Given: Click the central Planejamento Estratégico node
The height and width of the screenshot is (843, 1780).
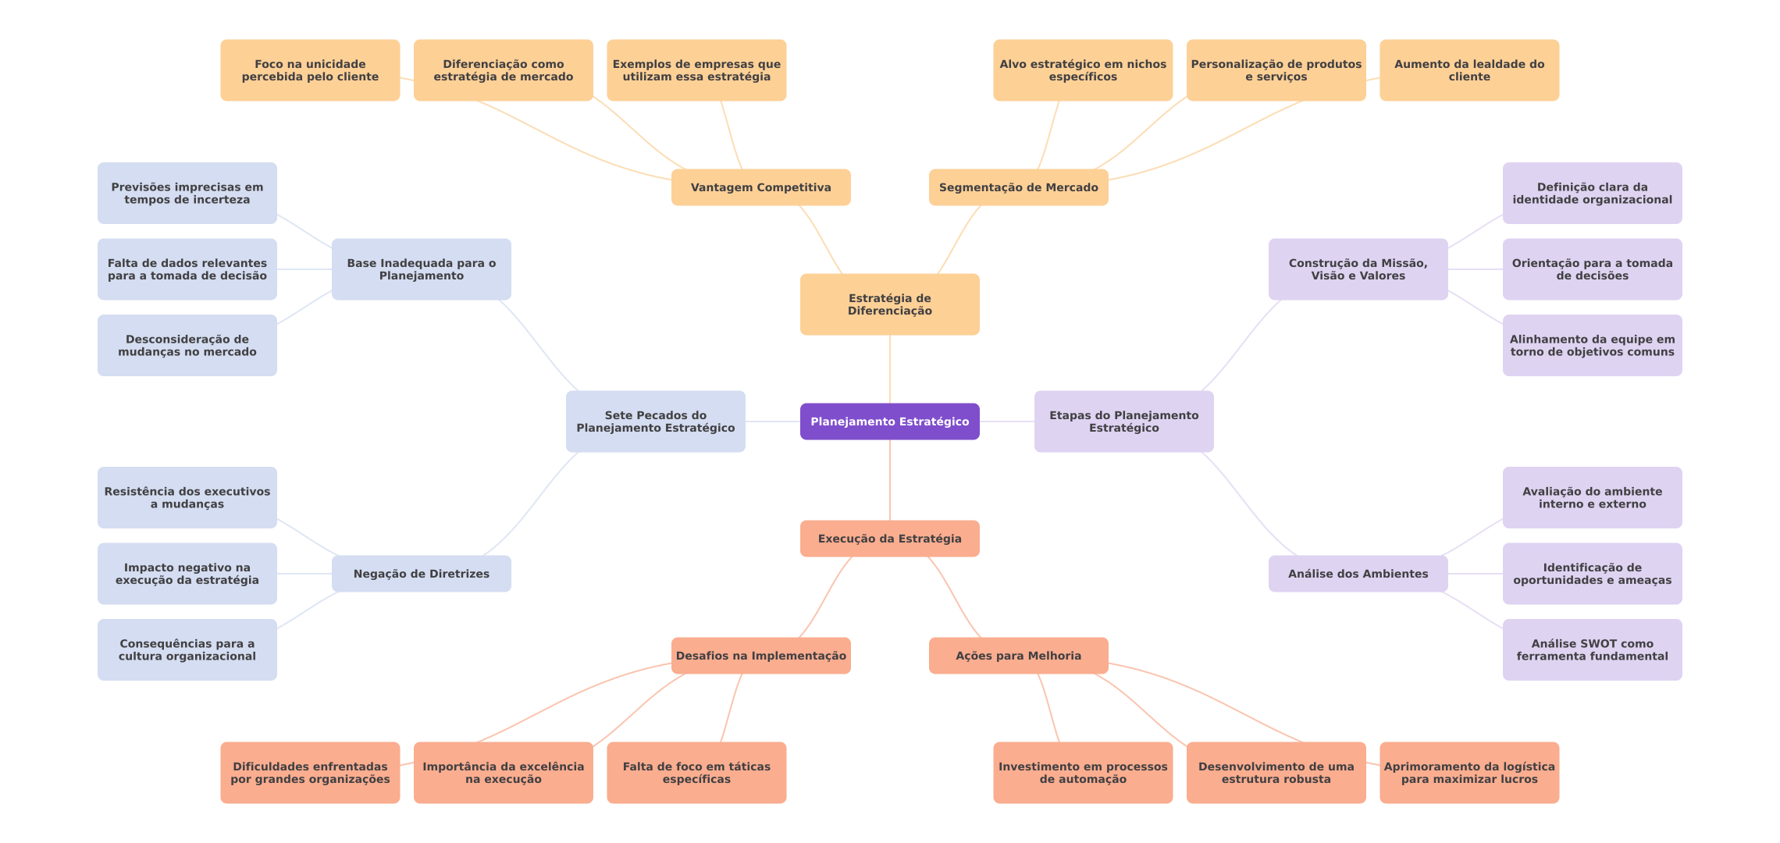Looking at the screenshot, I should coord(889,421).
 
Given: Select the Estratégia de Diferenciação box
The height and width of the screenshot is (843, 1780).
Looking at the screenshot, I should coord(889,304).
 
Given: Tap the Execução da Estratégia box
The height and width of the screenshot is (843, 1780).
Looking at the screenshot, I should coord(889,539).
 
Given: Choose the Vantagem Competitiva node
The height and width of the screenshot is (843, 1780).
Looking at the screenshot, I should coord(760,187).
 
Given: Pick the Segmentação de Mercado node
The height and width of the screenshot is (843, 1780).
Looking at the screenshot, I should coord(1018,187).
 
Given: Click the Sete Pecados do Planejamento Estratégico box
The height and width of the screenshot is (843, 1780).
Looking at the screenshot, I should coord(655,421).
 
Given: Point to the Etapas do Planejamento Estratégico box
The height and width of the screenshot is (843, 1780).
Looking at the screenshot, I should coord(1123,421).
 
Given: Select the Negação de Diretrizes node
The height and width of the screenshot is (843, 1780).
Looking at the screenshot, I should coord(421,574).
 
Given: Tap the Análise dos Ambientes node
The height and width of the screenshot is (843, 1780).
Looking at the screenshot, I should coord(1358,574).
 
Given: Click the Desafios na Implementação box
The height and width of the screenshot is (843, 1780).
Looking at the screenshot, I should coord(760,656).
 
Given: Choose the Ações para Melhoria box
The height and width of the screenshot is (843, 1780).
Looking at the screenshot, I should coord(1018,656).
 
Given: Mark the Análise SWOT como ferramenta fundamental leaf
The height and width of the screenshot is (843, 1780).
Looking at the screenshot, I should coord(1592,649).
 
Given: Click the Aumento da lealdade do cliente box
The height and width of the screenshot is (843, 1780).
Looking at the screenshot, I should coord(1468,70).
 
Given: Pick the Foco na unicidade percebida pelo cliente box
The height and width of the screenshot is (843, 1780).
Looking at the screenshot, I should coord(310,70).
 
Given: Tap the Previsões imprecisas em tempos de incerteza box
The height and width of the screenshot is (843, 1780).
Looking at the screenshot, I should coord(187,193).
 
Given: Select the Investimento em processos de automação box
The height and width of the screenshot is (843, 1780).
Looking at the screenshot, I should coord(1082,773).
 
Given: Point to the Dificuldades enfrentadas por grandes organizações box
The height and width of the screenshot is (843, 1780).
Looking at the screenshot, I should coord(310,773).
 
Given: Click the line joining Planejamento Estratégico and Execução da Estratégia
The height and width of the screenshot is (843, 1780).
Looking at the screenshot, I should coord(890,480).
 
